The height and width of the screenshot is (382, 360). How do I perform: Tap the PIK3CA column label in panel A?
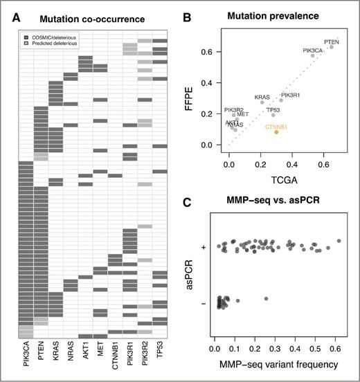pyautogui.click(x=26, y=356)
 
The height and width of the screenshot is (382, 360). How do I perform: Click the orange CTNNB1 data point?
pyautogui.click(x=276, y=131)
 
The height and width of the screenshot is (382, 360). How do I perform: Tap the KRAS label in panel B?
pyautogui.click(x=262, y=97)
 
